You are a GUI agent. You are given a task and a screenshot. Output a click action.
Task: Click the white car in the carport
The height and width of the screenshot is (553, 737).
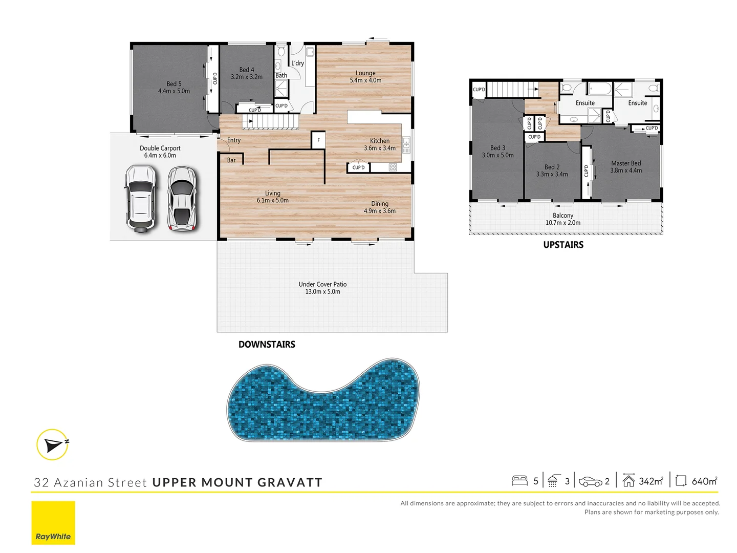(140, 198)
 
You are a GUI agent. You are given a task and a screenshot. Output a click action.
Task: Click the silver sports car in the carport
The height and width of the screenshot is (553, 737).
(182, 198)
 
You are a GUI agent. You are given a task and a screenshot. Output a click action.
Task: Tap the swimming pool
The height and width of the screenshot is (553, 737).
(323, 400)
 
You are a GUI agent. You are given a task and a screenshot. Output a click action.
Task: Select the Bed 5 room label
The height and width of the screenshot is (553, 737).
(174, 88)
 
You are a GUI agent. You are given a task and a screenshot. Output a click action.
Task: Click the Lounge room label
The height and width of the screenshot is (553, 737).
(365, 77)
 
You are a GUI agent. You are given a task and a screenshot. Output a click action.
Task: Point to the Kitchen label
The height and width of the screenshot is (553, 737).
(380, 144)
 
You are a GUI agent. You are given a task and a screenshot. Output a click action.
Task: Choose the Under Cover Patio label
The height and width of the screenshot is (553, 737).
(322, 288)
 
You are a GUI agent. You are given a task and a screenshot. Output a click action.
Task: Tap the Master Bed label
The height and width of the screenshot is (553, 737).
(626, 167)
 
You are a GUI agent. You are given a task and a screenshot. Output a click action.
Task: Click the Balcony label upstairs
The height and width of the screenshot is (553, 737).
(563, 219)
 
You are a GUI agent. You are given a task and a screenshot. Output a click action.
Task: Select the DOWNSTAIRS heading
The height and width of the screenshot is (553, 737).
(267, 345)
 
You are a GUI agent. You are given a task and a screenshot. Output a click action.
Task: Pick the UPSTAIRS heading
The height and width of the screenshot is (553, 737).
(563, 245)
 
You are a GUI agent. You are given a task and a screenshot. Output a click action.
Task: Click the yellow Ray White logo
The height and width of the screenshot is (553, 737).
(53, 523)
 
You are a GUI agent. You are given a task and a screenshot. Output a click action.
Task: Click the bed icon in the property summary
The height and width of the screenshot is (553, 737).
(519, 481)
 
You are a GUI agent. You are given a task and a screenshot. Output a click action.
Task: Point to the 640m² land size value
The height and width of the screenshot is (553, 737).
(704, 481)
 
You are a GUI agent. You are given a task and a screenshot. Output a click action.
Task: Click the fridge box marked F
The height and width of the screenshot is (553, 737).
(318, 140)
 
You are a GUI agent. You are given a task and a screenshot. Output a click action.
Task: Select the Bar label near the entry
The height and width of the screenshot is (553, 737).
(231, 160)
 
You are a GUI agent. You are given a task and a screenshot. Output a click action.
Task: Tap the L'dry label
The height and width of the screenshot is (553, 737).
(297, 63)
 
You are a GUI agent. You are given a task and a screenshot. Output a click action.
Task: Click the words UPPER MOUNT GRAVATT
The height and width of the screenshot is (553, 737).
(237, 482)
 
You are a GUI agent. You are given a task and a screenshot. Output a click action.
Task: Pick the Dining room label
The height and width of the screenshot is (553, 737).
(380, 207)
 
